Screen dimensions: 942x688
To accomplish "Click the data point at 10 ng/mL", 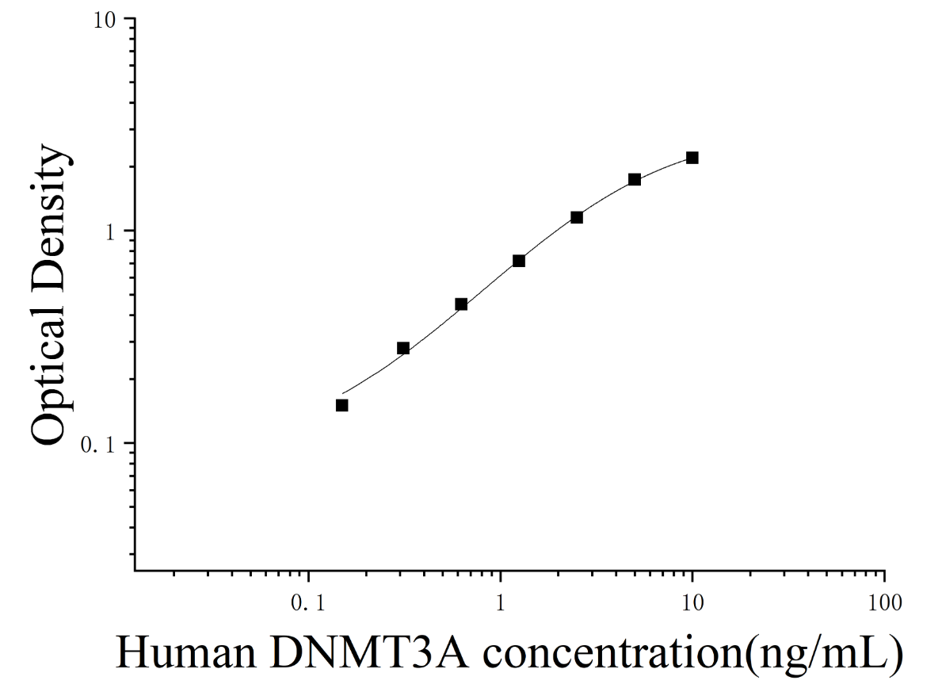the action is click(x=692, y=158).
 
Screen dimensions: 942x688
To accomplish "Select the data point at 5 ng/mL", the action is click(x=635, y=179).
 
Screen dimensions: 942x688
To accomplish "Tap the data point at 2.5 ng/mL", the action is click(x=577, y=217).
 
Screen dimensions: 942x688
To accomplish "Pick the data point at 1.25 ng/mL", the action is click(x=519, y=260).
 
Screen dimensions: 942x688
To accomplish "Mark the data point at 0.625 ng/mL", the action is click(x=461, y=304).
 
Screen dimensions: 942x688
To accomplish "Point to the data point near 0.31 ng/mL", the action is click(x=403, y=348).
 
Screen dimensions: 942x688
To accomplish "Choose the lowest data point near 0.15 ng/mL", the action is click(x=341, y=405).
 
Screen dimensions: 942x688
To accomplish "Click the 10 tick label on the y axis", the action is click(x=104, y=20).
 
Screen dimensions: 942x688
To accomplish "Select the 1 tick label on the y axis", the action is click(x=110, y=232).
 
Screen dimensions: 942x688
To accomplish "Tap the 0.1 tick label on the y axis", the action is click(x=98, y=445).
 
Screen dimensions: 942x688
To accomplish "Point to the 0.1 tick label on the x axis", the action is click(x=308, y=602).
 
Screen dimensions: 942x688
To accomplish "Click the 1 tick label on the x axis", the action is click(x=501, y=602).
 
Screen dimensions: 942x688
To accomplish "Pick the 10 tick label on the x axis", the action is click(x=692, y=602).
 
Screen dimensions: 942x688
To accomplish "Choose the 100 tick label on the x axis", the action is click(x=884, y=602).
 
